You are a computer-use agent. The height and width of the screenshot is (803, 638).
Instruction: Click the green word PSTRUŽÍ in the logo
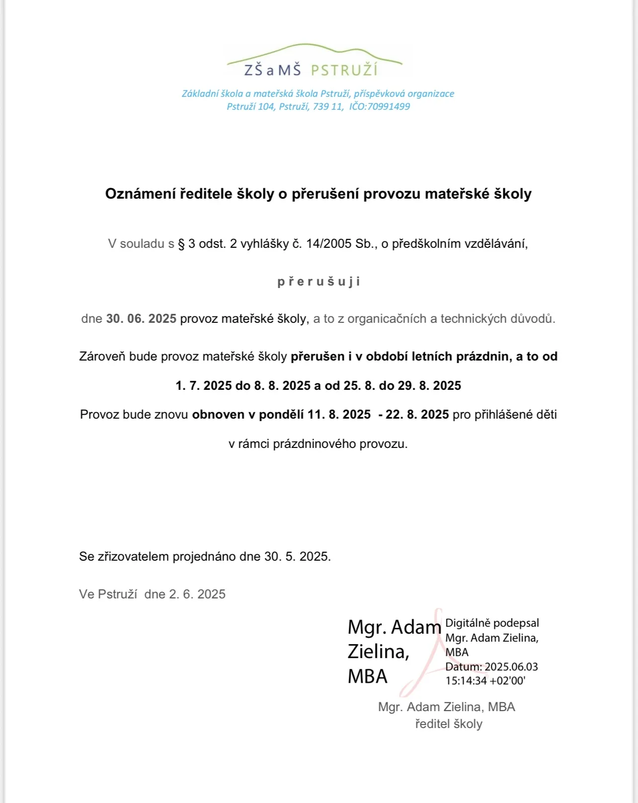pyautogui.click(x=344, y=70)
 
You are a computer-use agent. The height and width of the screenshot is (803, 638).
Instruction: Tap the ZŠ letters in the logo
pyautogui.click(x=253, y=70)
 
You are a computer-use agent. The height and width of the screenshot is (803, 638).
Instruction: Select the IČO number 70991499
pyautogui.click(x=388, y=106)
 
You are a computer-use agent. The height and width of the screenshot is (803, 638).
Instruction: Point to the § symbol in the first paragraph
pyautogui.click(x=181, y=244)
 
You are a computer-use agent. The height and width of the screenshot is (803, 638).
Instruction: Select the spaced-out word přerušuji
pyautogui.click(x=319, y=282)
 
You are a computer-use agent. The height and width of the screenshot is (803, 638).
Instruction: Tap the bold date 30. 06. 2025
pyautogui.click(x=141, y=319)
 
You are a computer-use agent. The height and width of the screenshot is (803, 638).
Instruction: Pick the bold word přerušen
pyautogui.click(x=318, y=357)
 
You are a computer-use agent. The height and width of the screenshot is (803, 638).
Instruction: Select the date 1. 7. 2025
pyautogui.click(x=204, y=386)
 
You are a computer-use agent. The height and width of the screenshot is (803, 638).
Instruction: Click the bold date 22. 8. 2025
pyautogui.click(x=417, y=415)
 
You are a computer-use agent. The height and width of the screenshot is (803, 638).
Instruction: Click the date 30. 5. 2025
pyautogui.click(x=297, y=557)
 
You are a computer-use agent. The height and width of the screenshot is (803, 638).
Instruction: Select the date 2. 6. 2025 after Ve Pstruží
pyautogui.click(x=197, y=594)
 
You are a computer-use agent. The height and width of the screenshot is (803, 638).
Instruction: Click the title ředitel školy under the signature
pyautogui.click(x=449, y=724)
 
